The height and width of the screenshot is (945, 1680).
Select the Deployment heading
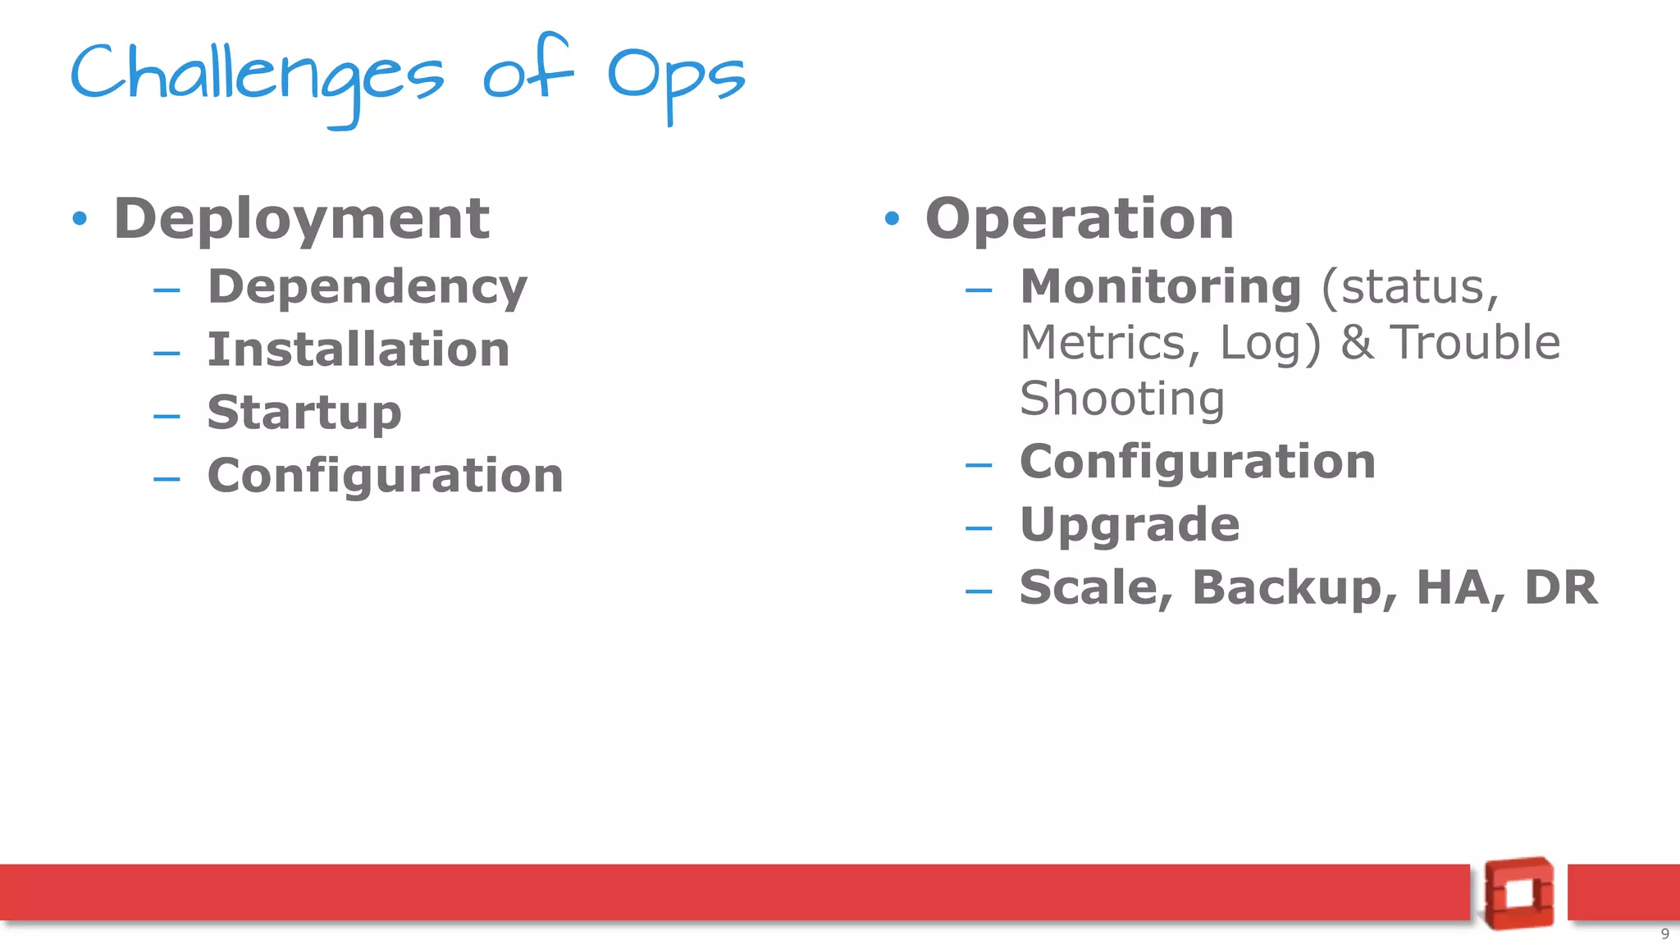tap(301, 219)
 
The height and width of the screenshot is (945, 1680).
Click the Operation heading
tap(1079, 219)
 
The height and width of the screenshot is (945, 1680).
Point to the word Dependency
tap(367, 287)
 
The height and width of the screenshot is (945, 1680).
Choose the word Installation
tap(358, 349)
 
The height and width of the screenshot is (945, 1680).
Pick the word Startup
tap(304, 413)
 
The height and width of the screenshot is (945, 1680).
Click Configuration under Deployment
tap(385, 476)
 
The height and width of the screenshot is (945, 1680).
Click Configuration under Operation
tap(1197, 462)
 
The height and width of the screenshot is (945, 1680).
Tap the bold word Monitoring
tap(1160, 287)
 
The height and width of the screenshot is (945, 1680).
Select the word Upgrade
tap(1129, 525)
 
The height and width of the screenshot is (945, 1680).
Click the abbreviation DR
tap(1560, 588)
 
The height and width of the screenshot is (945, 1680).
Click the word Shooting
tap(1121, 399)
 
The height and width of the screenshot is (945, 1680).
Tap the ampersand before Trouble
tap(1357, 343)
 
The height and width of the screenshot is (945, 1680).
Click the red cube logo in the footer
tap(1518, 893)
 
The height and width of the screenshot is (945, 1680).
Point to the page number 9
tap(1664, 934)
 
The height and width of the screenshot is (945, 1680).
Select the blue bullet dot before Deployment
tap(80, 219)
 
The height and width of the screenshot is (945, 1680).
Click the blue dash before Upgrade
tap(979, 528)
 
